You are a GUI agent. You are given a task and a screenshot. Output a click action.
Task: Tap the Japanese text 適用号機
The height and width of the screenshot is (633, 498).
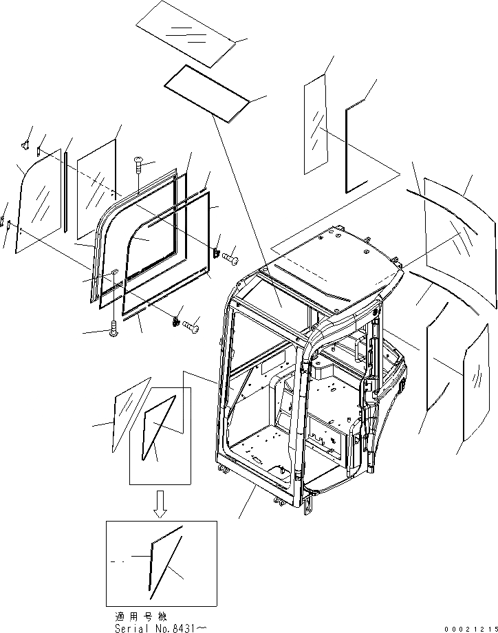(x=140, y=616)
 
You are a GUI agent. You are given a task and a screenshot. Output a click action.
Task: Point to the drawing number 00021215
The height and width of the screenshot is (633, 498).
(x=470, y=627)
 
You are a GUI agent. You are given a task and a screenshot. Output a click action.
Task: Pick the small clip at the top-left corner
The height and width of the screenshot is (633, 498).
(x=25, y=144)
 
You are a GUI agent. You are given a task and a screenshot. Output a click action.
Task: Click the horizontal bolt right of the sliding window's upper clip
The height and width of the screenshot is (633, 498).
(x=230, y=257)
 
